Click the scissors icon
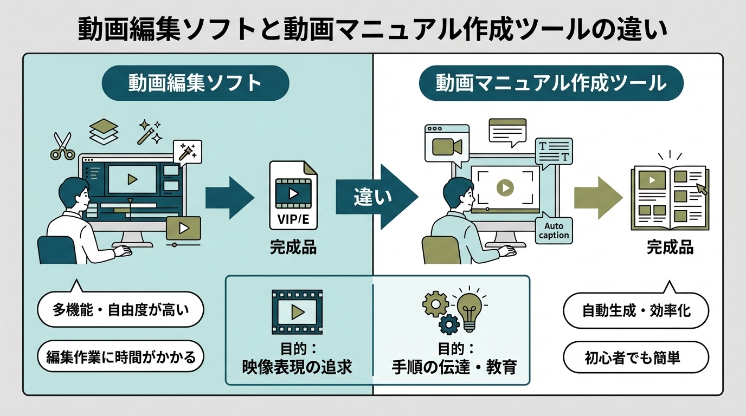tap(62, 146)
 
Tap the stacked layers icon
tap(103, 132)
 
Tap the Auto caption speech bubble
tap(554, 231)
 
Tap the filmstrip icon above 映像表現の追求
tap(297, 311)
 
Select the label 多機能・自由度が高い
tap(120, 311)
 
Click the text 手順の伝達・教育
tap(454, 367)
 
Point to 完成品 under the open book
tap(670, 248)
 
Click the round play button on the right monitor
tap(505, 187)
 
